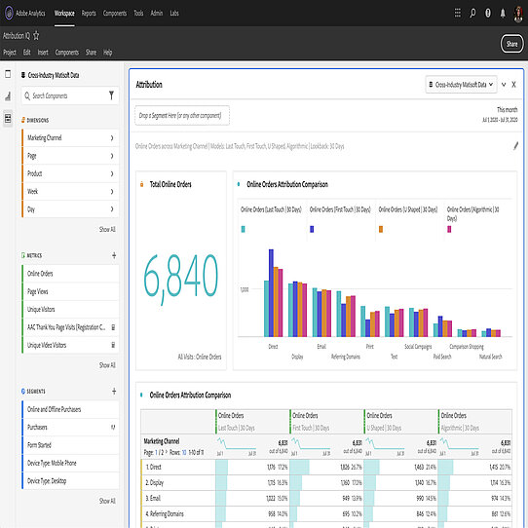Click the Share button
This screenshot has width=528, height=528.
pyautogui.click(x=511, y=44)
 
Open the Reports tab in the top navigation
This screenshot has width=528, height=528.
pyautogui.click(x=89, y=14)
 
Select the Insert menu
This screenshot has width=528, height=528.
pyautogui.click(x=44, y=52)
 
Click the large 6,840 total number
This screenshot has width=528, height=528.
pyautogui.click(x=181, y=279)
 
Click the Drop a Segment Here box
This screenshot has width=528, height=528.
pyautogui.click(x=182, y=116)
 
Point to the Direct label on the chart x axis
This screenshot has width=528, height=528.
pyautogui.click(x=273, y=345)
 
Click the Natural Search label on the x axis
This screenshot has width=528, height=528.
pyautogui.click(x=490, y=357)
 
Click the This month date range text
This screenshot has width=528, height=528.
pyautogui.click(x=507, y=109)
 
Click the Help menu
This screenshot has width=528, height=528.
pyautogui.click(x=107, y=52)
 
